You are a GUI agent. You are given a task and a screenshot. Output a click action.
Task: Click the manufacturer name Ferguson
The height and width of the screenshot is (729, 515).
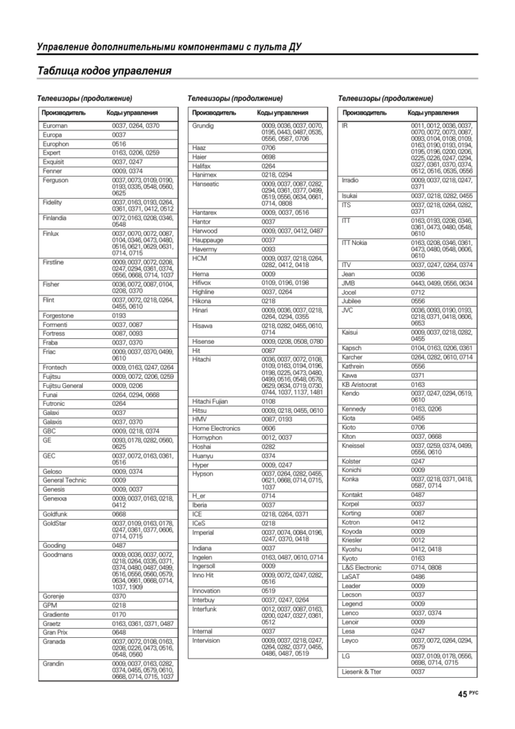[x=55, y=181]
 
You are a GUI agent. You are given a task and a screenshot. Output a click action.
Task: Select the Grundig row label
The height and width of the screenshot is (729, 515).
[x=204, y=125]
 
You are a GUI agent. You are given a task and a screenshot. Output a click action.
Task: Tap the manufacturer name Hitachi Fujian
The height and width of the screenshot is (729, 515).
[x=210, y=401]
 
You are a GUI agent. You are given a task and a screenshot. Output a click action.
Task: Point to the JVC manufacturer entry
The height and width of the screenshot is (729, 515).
[x=348, y=310]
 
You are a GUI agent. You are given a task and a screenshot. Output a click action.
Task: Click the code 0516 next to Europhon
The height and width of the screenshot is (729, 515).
[x=119, y=144]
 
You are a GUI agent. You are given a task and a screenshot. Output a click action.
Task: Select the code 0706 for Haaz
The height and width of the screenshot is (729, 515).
[x=269, y=147]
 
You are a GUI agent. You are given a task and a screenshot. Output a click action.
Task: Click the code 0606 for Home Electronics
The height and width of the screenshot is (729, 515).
[x=269, y=429]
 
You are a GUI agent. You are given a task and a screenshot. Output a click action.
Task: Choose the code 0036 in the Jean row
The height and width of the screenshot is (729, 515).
[x=417, y=274]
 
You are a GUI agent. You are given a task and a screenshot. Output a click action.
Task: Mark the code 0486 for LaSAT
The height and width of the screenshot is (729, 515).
[x=417, y=577]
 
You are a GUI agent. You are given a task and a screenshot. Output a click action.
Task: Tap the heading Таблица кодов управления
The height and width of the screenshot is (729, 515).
[x=105, y=71]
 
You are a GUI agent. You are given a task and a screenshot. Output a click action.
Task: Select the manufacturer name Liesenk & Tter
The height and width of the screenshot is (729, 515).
[x=362, y=671]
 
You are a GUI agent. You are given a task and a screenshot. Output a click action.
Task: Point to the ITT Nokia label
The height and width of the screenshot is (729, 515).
[x=355, y=243]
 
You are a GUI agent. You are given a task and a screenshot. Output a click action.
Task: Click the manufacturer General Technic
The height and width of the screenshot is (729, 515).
[x=64, y=480]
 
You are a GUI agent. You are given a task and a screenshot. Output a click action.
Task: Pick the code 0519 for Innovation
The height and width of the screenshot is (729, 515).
[x=269, y=590]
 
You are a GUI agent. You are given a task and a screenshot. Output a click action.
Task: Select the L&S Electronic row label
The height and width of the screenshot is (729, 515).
[x=362, y=567]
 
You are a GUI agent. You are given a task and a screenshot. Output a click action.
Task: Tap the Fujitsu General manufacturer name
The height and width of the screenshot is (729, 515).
[x=63, y=385]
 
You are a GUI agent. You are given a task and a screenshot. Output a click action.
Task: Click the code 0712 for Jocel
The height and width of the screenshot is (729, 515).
[x=417, y=292]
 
